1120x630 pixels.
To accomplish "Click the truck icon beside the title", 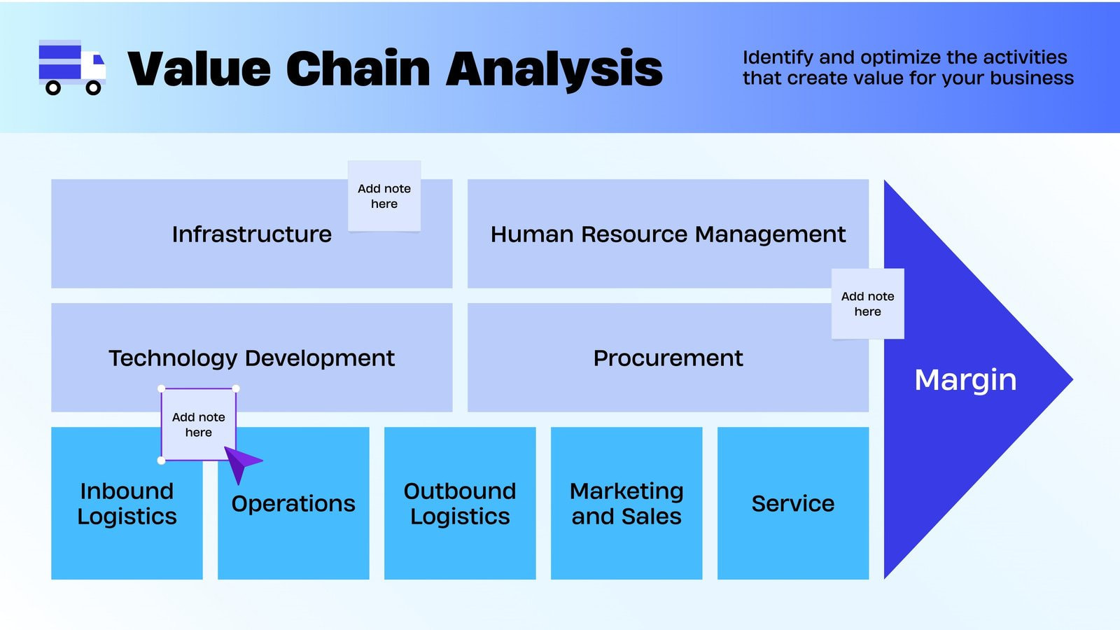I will [x=71, y=67].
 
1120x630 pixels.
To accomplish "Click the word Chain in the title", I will [x=358, y=69].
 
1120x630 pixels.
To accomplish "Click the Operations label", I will [x=293, y=503].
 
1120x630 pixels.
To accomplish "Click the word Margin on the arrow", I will [x=965, y=379].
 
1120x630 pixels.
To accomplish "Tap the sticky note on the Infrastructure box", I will [x=384, y=196].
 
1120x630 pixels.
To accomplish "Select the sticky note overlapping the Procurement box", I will [x=867, y=304].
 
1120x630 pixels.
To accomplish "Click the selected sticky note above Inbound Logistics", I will [x=198, y=424].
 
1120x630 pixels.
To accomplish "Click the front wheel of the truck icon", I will [x=93, y=88].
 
